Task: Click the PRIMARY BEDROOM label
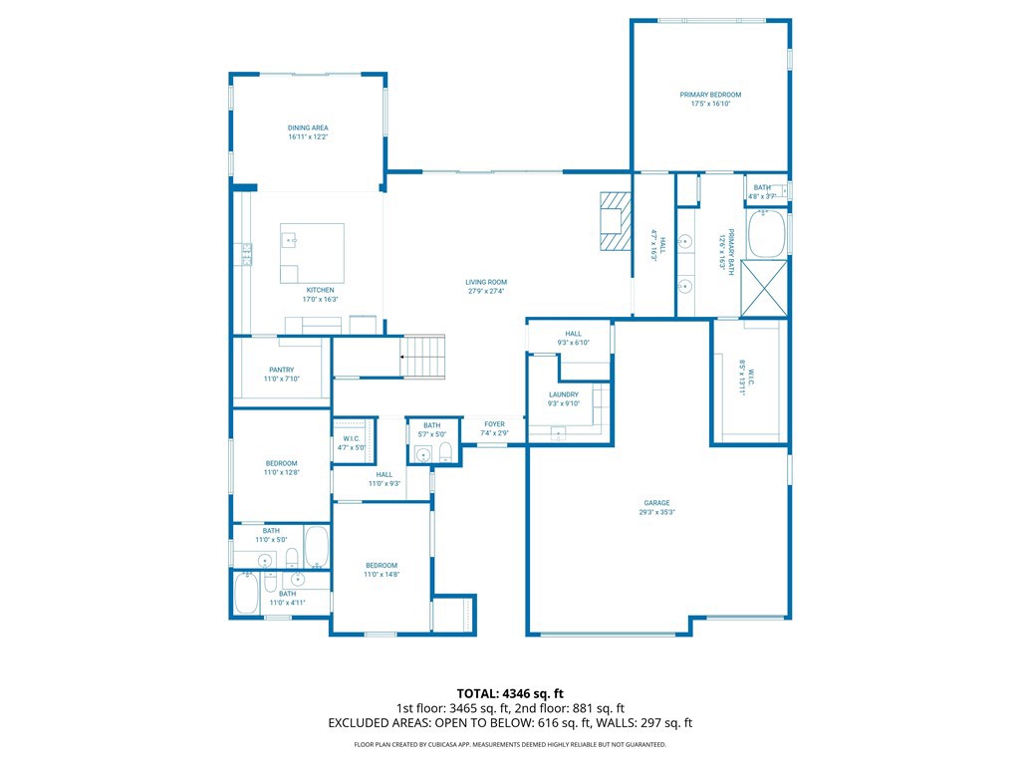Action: (x=710, y=95)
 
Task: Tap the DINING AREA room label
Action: (x=308, y=127)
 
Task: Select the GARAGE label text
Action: (x=655, y=503)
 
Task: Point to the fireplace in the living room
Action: (x=615, y=221)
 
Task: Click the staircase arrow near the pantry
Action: (x=403, y=356)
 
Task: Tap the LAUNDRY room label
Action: (x=563, y=394)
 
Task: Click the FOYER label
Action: (x=495, y=424)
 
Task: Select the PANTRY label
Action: (x=281, y=370)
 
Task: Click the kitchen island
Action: (x=312, y=253)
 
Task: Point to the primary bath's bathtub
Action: (x=767, y=233)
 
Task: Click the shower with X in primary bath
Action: (x=767, y=287)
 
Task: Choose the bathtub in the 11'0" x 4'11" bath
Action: (x=245, y=594)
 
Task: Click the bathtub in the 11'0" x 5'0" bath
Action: (x=316, y=547)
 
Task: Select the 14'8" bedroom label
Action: (x=381, y=566)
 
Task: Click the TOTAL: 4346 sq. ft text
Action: (x=510, y=693)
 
